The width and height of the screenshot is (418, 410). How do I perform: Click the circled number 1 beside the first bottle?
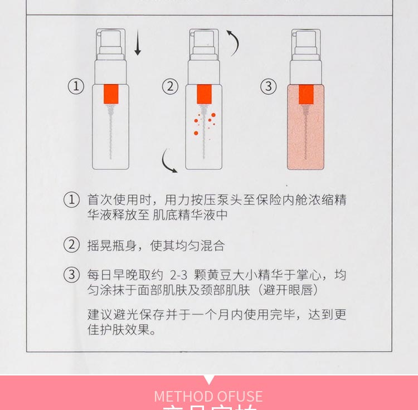(76, 86)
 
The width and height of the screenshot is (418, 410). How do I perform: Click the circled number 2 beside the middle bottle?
(170, 86)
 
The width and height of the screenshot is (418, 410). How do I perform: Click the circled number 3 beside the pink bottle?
(269, 86)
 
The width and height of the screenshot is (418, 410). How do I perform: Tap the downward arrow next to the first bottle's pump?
(138, 45)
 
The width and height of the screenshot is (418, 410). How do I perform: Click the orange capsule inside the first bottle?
(111, 94)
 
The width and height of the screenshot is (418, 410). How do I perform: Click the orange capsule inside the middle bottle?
(205, 94)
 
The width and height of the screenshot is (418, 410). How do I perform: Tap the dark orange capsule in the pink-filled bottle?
(306, 94)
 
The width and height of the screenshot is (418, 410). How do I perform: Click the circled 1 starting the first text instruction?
(72, 200)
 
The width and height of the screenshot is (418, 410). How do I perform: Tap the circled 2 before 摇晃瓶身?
(72, 245)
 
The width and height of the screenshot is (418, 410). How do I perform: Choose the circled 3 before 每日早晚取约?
(72, 275)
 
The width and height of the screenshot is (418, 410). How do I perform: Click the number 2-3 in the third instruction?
(179, 275)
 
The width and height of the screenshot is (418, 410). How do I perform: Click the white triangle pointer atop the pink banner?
(209, 380)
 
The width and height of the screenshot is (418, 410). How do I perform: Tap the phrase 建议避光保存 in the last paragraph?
(118, 314)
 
